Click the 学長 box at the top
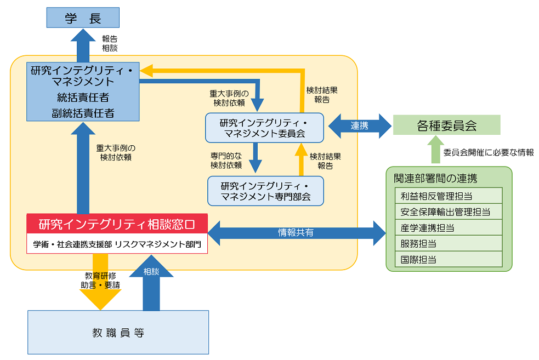(x=83, y=19)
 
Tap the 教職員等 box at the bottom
(x=118, y=333)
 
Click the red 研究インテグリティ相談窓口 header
(x=117, y=224)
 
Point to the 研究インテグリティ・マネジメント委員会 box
(x=264, y=127)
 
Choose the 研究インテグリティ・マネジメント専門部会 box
(x=265, y=190)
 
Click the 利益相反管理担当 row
(x=449, y=196)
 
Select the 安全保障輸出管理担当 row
(x=449, y=212)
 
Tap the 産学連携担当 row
(x=449, y=227)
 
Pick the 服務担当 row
(x=449, y=243)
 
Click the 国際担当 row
(x=449, y=259)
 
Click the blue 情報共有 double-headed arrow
(x=297, y=233)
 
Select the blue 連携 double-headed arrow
(x=359, y=125)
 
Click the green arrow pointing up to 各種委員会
(x=434, y=151)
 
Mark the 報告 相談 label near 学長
(x=110, y=43)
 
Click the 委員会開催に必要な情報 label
(x=488, y=152)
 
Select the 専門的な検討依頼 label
(x=226, y=160)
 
